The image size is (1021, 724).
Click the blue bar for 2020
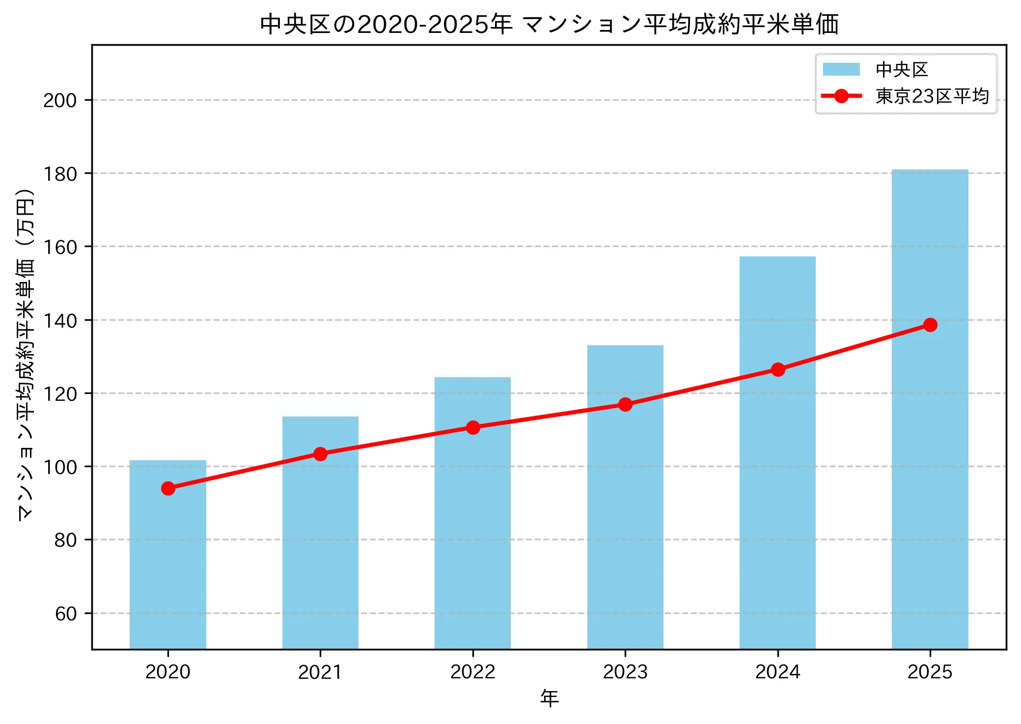point(168,565)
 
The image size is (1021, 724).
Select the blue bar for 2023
point(625,516)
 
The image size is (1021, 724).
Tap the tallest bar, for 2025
point(930,442)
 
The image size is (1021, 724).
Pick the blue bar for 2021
point(320,540)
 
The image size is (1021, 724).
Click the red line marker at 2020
point(168,488)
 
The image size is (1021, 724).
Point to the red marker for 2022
point(473,427)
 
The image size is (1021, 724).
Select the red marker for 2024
point(778,369)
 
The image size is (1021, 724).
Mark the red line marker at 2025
point(930,325)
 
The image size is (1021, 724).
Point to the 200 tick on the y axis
point(60,101)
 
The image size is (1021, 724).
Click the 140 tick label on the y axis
point(60,321)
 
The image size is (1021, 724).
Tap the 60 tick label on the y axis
point(66,614)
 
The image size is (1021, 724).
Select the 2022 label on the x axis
point(473,672)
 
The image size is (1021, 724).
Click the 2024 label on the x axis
point(778,672)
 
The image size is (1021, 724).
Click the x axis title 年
point(549,698)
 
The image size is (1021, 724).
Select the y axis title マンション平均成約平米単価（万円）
point(26,354)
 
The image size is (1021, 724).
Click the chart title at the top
point(549,25)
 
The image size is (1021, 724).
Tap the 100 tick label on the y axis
point(60,467)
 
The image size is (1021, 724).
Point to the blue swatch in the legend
point(841,69)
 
